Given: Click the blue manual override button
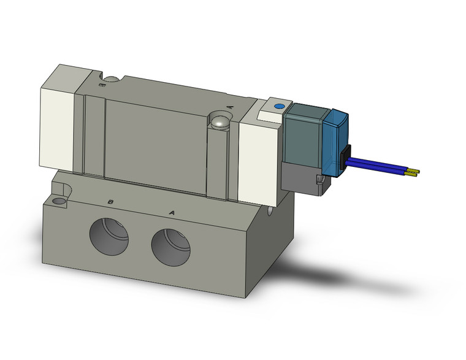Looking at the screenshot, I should coord(280,106).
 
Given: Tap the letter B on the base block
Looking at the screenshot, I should coord(110,202).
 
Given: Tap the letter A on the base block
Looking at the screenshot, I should coord(172,213).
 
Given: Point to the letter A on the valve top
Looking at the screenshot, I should coord(231,107).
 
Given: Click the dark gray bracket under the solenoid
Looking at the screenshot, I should coord(299,178).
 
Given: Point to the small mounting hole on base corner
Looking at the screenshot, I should coord(58,201).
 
